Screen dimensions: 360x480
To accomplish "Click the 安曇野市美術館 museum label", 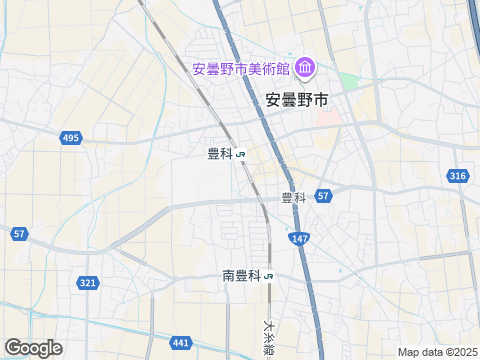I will point(241,69).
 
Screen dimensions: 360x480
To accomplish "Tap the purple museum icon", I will point(305,68).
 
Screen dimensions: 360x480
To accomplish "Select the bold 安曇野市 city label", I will point(297,99).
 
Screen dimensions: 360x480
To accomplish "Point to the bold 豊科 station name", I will point(220,153).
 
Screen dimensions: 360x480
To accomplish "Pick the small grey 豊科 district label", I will point(293,197).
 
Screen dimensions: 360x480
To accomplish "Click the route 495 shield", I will point(70,138).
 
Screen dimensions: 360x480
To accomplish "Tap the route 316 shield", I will point(457,176).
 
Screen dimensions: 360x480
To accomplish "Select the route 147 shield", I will point(300,238).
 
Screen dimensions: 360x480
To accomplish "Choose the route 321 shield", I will point(88,283).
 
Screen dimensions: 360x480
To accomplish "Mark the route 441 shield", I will point(180,343).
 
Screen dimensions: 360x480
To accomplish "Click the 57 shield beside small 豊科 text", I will point(323,196).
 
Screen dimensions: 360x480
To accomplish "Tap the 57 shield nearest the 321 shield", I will point(20,233).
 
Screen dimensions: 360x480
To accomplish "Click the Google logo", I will point(32,347).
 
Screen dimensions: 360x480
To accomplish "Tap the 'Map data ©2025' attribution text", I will point(437,352).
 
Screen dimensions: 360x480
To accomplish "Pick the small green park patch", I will point(348,80).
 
